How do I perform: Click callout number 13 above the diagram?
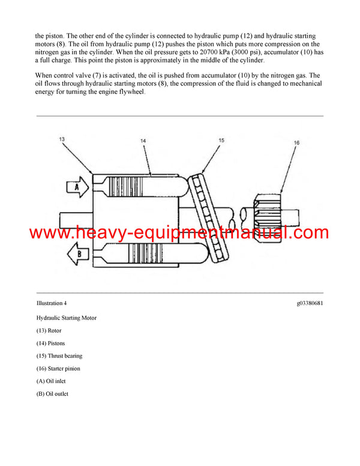click(x=61, y=139)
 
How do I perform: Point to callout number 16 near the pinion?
click(x=296, y=143)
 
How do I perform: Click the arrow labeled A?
click(x=77, y=187)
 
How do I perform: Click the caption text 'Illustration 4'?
click(x=52, y=303)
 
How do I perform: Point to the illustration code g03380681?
click(x=310, y=303)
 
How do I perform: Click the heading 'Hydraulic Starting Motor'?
click(x=66, y=318)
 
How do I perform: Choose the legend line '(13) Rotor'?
click(x=49, y=330)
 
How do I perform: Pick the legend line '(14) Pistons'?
click(x=51, y=343)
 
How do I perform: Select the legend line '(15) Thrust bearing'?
click(x=59, y=356)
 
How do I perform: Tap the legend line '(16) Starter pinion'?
click(x=58, y=369)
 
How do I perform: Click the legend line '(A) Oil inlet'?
click(x=52, y=381)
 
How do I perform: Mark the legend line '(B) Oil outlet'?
click(x=53, y=394)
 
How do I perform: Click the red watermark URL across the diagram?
click(x=179, y=232)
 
